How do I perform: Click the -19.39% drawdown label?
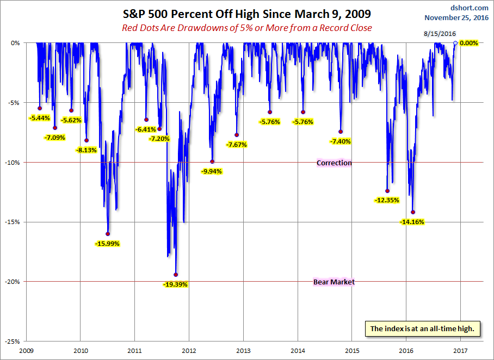point(175,284)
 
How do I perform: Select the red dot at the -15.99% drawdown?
point(108,234)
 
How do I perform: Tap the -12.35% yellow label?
point(387,200)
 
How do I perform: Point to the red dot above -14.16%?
point(413,212)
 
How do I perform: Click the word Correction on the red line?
point(334,163)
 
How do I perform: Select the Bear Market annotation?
point(334,282)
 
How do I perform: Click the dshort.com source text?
point(470,8)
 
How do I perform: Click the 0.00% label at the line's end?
point(468,43)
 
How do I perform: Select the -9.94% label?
point(211,171)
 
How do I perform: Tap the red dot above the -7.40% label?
point(341,132)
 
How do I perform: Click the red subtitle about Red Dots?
point(246,28)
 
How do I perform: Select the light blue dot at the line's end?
point(455,43)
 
